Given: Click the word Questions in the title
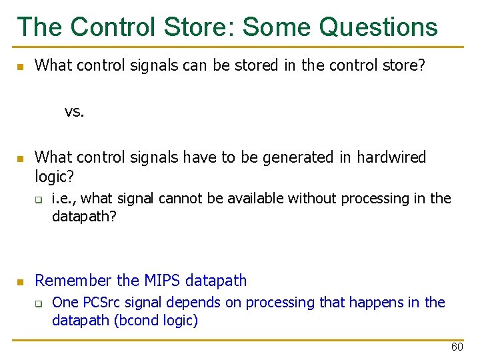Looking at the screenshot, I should [379, 27].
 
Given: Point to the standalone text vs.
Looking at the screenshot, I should [75, 111].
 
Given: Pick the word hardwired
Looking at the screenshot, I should [391, 157].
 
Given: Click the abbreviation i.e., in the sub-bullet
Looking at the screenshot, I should [64, 198].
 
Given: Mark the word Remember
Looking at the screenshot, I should [74, 281].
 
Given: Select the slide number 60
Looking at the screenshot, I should [457, 347].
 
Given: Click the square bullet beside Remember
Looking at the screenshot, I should [21, 281].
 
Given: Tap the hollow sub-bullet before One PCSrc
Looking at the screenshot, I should [39, 303].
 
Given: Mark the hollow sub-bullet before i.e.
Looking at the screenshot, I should [39, 199].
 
